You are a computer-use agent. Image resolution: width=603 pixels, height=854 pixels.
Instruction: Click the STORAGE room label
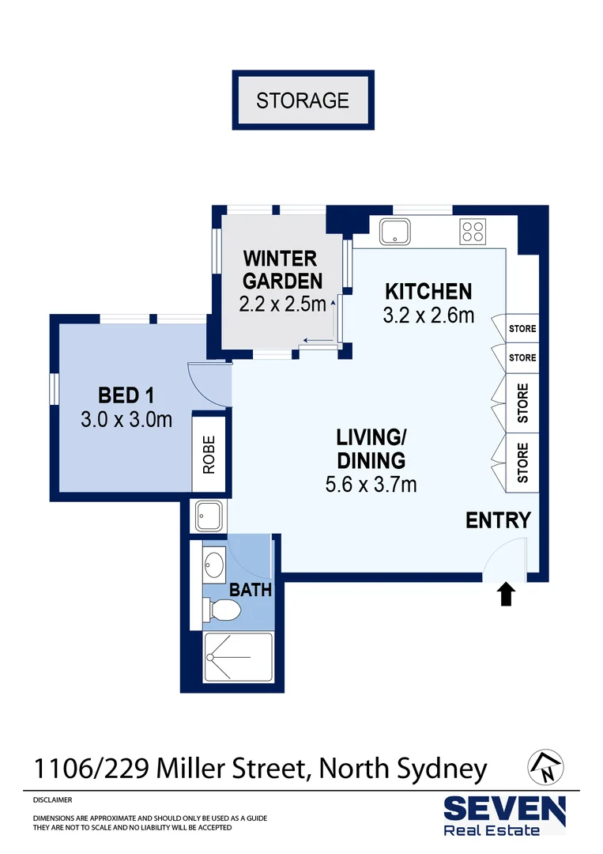[302, 100]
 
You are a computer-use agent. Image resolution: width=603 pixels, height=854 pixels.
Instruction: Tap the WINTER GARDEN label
[281, 270]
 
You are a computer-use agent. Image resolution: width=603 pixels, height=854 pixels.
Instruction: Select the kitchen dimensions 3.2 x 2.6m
[428, 316]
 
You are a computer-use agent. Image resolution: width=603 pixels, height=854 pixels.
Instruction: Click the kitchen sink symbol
[393, 232]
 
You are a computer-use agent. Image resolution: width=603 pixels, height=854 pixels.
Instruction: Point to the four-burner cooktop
[473, 231]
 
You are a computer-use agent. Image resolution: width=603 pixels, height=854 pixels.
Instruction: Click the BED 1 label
[126, 395]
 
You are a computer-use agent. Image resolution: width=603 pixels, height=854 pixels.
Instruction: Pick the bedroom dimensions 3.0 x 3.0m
[126, 419]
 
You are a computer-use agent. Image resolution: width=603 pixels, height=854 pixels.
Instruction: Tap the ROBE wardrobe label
[209, 455]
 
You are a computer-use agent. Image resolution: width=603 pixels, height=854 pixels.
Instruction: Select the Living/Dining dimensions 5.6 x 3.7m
[371, 484]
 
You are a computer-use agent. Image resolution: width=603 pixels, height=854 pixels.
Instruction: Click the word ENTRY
[497, 520]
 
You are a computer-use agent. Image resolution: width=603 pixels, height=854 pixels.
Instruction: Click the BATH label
[250, 589]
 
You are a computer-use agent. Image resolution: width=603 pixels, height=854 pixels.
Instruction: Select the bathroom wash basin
[213, 565]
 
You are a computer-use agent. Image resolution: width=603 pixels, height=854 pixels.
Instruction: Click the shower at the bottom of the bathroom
[238, 657]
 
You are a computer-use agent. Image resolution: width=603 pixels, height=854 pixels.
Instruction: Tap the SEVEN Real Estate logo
[503, 814]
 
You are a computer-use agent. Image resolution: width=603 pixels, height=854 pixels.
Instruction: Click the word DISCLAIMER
[53, 800]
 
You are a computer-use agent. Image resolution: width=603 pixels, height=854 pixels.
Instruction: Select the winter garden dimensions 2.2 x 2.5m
[282, 304]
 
